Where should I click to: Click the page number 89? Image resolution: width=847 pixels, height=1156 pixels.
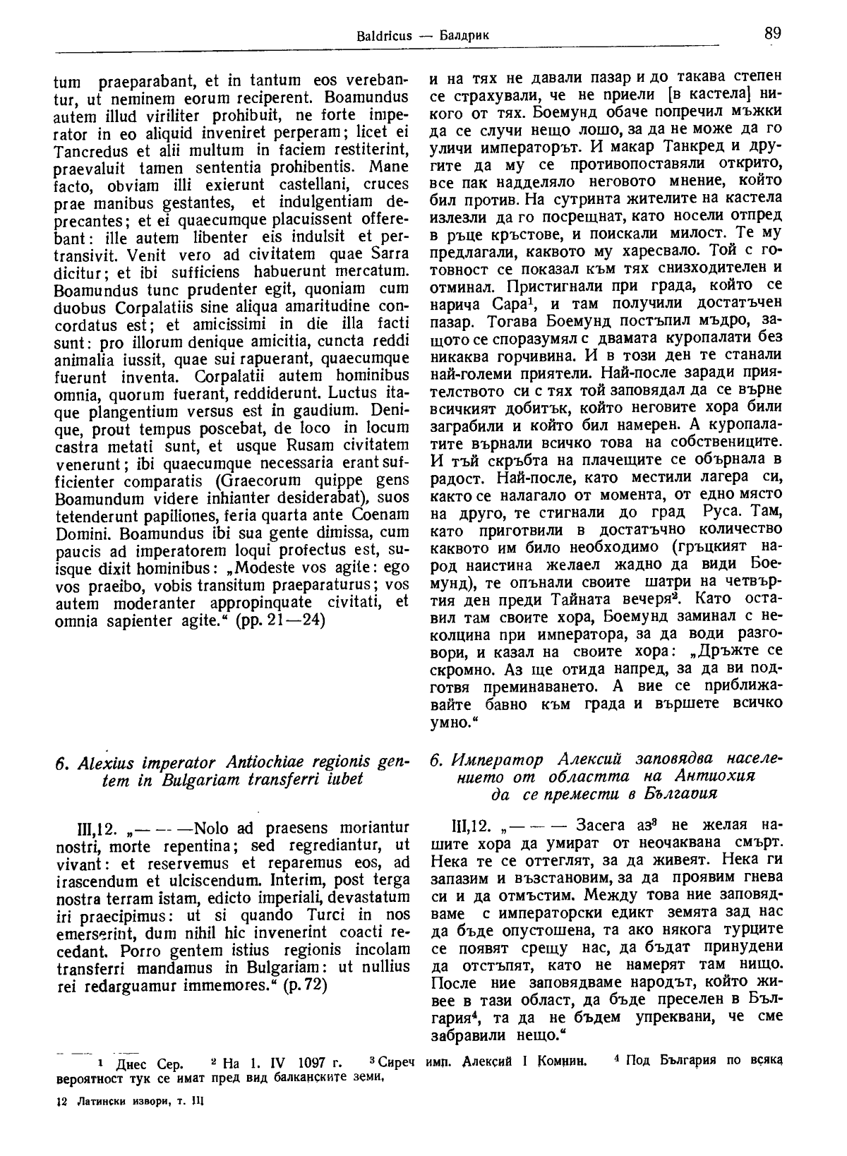coord(771,32)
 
